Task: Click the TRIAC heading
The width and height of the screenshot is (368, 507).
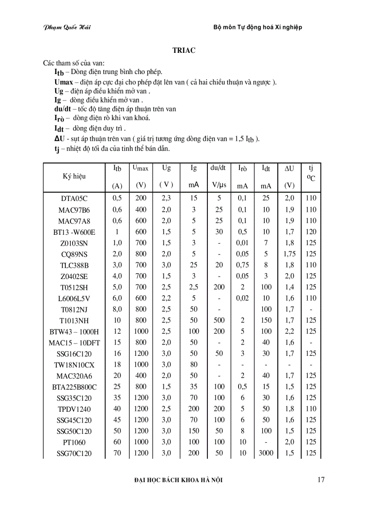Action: click(184, 50)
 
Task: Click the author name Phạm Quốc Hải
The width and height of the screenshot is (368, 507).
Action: click(67, 27)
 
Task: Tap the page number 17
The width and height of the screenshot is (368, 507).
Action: click(321, 480)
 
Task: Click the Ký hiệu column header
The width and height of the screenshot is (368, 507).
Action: click(74, 177)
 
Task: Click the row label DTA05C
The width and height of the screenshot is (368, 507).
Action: click(74, 198)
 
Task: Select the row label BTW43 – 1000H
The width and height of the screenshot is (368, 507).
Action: click(74, 332)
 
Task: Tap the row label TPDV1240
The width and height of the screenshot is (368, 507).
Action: click(74, 409)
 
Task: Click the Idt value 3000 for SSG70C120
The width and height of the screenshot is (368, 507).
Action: click(266, 453)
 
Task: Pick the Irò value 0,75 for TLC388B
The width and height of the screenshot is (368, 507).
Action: click(243, 265)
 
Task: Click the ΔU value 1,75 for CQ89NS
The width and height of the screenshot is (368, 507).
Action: click(290, 254)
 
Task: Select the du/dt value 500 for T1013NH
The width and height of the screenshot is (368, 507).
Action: click(219, 320)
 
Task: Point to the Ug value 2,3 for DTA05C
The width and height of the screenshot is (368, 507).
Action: click(166, 198)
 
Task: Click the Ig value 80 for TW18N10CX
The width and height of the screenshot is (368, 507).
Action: click(193, 364)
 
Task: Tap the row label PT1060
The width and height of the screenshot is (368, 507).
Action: click(74, 442)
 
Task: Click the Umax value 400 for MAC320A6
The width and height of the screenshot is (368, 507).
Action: click(141, 375)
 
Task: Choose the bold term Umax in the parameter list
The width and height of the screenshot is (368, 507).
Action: click(63, 82)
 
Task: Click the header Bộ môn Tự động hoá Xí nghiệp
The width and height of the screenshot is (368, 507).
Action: click(258, 27)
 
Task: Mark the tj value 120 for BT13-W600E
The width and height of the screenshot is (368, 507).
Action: click(310, 232)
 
